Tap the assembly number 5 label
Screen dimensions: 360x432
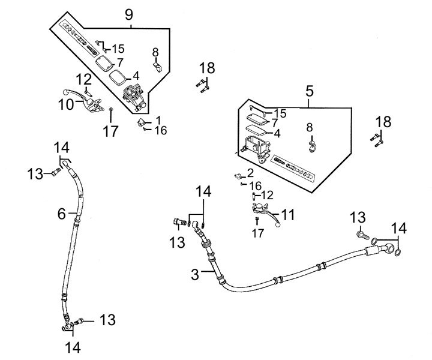tap(309, 92)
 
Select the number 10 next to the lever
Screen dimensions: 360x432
tap(67, 104)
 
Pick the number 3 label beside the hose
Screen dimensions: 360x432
tap(195, 275)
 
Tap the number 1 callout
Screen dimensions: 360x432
tap(158, 120)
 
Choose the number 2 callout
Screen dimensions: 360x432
tap(251, 173)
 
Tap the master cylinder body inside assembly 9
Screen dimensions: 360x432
tap(134, 96)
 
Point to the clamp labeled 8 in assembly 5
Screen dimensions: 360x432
tap(311, 145)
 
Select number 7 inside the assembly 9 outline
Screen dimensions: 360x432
tap(120, 62)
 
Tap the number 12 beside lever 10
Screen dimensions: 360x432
tap(84, 79)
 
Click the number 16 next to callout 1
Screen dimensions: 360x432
tap(161, 130)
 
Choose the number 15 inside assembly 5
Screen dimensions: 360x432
tap(280, 113)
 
